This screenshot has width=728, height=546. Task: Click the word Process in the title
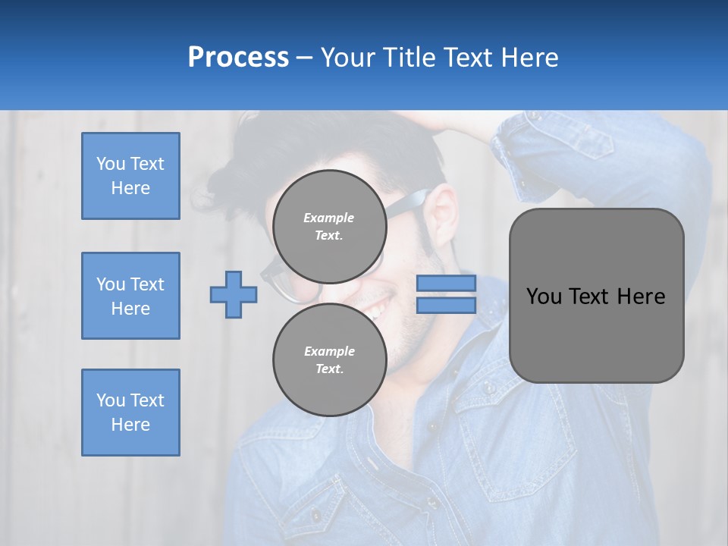(238, 58)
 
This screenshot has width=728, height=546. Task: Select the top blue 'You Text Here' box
(130, 176)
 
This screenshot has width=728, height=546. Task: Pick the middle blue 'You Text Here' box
(130, 296)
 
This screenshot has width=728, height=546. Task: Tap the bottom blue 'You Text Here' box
(130, 413)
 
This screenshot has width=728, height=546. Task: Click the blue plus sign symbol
(233, 295)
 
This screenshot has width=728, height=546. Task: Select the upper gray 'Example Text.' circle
(329, 226)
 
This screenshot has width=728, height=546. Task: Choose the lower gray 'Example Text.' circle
(329, 359)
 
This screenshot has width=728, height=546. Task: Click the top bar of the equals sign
(446, 284)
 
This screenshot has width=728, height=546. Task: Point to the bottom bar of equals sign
(446, 306)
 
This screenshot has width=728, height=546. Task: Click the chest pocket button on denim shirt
(490, 388)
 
